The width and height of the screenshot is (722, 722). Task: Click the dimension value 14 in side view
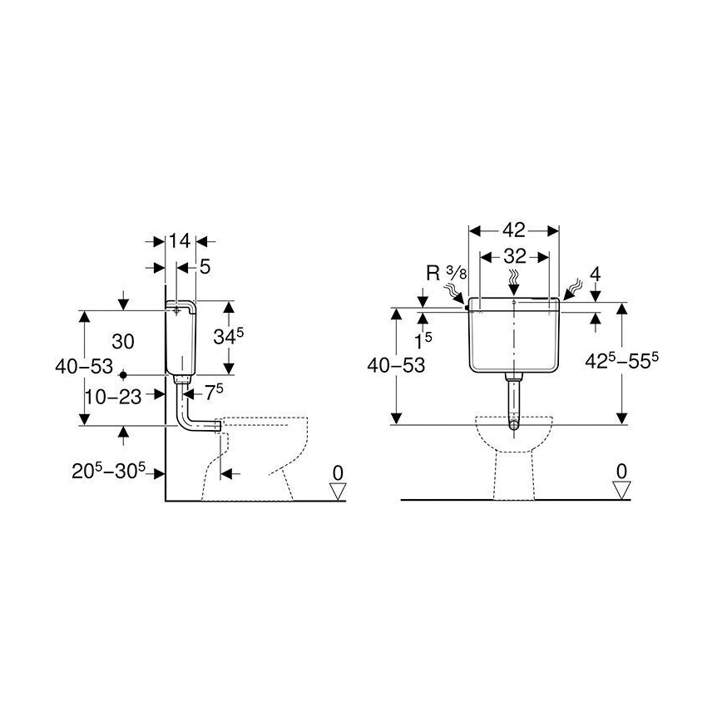pyautogui.click(x=180, y=241)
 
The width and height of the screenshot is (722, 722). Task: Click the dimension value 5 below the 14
pyautogui.click(x=203, y=267)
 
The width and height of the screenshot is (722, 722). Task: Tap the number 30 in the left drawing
pyautogui.click(x=123, y=342)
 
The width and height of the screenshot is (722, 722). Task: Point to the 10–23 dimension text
pyautogui.click(x=113, y=396)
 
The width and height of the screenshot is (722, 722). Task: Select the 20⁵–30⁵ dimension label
pyautogui.click(x=109, y=472)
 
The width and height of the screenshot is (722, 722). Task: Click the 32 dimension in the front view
pyautogui.click(x=513, y=257)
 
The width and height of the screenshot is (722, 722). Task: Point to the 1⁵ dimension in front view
pyautogui.click(x=424, y=341)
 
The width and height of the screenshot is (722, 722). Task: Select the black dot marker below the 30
pyautogui.click(x=122, y=374)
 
